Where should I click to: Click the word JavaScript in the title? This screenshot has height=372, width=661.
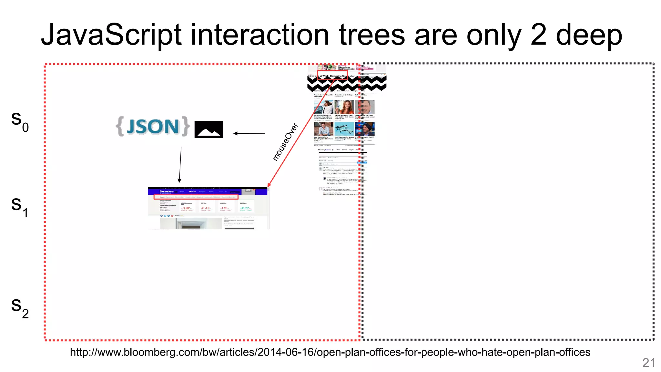(x=111, y=35)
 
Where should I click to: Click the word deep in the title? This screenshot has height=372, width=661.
(x=589, y=35)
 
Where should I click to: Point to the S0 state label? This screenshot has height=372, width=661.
(x=20, y=120)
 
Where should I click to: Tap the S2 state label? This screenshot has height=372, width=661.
(x=20, y=307)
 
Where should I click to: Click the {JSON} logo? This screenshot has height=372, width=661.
(x=153, y=126)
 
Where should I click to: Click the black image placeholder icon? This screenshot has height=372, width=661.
(x=209, y=129)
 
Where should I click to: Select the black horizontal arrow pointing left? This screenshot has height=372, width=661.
(x=249, y=133)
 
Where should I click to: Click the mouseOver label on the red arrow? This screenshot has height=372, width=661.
(x=285, y=142)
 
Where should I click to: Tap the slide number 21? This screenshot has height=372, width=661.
(x=648, y=363)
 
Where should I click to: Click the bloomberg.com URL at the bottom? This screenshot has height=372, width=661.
(x=330, y=352)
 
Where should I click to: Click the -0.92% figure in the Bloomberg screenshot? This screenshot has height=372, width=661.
(x=186, y=208)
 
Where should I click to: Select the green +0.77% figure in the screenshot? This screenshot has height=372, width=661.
(x=245, y=208)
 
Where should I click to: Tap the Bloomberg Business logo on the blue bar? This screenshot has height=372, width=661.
(x=167, y=192)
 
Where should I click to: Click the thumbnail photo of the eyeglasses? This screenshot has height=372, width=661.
(x=344, y=129)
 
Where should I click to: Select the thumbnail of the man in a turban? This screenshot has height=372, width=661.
(x=365, y=129)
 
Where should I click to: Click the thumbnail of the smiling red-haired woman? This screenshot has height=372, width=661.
(x=344, y=107)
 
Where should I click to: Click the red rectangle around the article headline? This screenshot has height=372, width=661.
(x=332, y=77)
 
